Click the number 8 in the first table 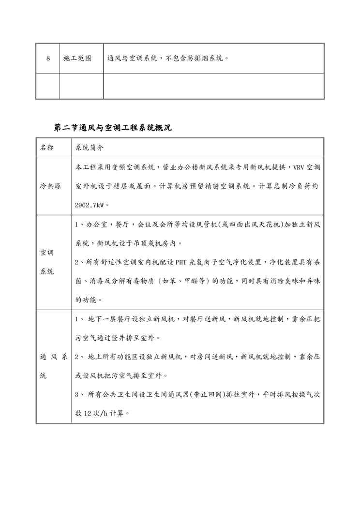48,59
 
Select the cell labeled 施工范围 77,59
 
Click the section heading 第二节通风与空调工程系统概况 113,128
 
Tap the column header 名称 47,147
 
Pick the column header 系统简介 89,147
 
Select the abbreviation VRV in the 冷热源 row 297,167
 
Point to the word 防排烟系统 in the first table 205,59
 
